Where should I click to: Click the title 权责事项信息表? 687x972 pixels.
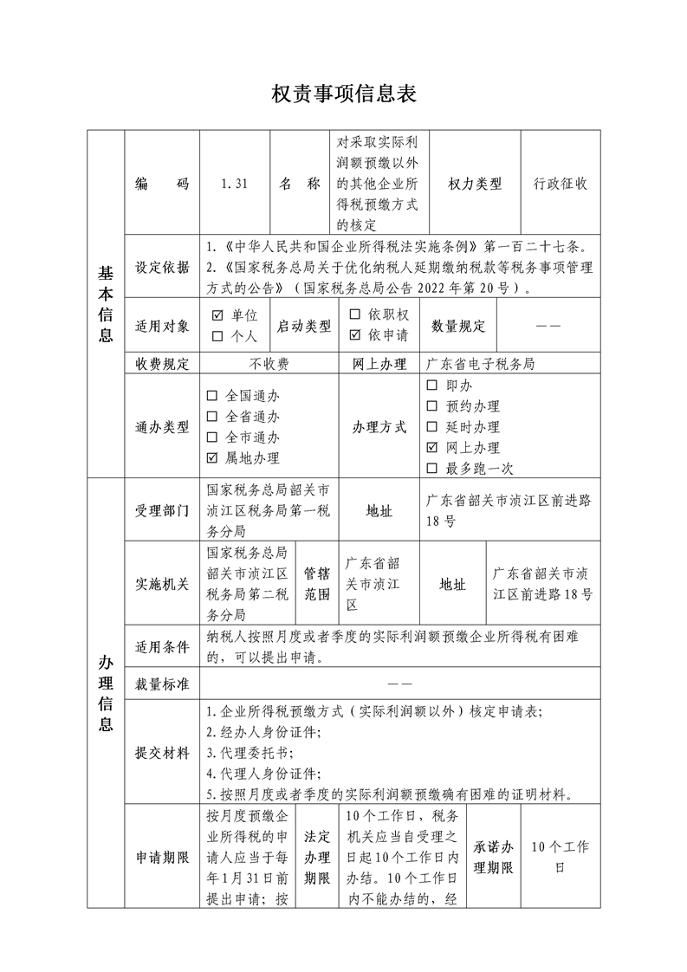[344, 94]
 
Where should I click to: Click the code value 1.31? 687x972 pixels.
[234, 184]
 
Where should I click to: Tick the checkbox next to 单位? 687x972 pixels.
[217, 315]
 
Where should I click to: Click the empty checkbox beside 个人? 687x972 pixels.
[217, 335]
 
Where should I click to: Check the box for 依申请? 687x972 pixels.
[354, 335]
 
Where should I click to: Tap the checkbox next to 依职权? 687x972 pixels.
[354, 315]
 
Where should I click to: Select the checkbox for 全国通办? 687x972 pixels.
[212, 396]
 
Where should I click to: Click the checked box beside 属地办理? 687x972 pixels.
[212, 458]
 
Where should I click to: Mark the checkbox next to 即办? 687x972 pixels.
[432, 385]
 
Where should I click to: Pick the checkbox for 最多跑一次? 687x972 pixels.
[432, 469]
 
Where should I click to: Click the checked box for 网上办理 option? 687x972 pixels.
[432, 448]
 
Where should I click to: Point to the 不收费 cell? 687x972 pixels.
[269, 364]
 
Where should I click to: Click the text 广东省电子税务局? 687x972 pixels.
[479, 364]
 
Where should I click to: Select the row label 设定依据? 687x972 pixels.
[162, 267]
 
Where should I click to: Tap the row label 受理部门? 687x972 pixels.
[162, 510]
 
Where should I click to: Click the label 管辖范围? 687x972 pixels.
[316, 584]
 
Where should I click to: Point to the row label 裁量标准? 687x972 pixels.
[162, 684]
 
